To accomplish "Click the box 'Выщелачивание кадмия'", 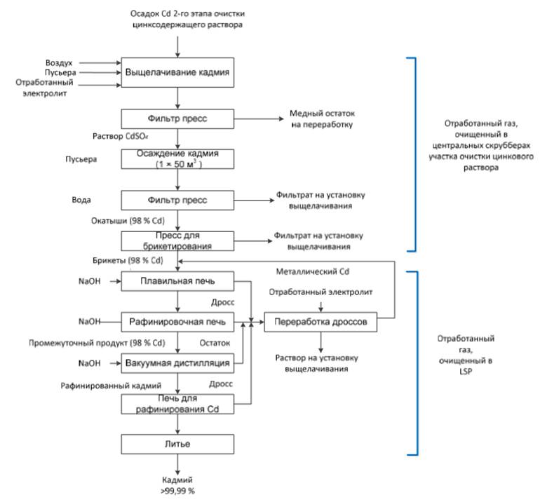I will [x=177, y=72].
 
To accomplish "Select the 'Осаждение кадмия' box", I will [x=177, y=159].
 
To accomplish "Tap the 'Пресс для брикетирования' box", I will [x=177, y=241].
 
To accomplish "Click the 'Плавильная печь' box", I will [x=177, y=282].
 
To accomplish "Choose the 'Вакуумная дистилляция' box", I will [x=177, y=363].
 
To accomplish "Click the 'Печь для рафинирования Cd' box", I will [x=177, y=404].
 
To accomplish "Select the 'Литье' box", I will [x=177, y=444].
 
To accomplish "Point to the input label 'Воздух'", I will [x=59, y=63].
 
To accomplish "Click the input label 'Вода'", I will [x=83, y=199].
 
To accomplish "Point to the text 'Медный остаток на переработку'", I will [x=319, y=119].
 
